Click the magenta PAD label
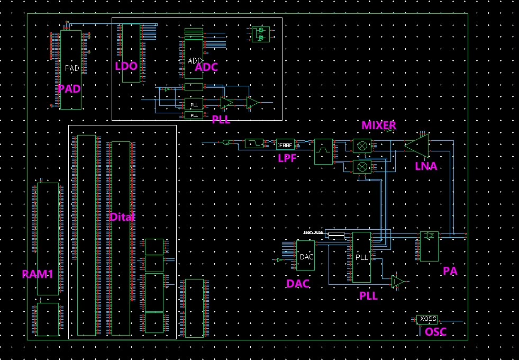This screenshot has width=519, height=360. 69,89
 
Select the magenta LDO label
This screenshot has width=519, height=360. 126,66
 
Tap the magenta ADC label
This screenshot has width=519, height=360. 206,67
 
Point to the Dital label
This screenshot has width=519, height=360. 122,217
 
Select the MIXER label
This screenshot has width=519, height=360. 379,125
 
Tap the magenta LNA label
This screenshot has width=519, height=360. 426,166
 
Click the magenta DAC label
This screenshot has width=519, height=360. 298,284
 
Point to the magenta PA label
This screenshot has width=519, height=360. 450,271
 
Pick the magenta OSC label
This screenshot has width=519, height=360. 436,332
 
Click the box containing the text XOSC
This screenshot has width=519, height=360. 427,319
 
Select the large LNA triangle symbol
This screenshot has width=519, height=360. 417,144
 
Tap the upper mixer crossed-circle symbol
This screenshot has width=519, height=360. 362,146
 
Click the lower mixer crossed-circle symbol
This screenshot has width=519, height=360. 362,167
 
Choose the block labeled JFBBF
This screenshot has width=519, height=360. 285,143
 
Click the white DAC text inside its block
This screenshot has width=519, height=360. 306,257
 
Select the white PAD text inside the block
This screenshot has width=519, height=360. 71,68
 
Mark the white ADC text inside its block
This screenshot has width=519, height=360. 194,61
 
